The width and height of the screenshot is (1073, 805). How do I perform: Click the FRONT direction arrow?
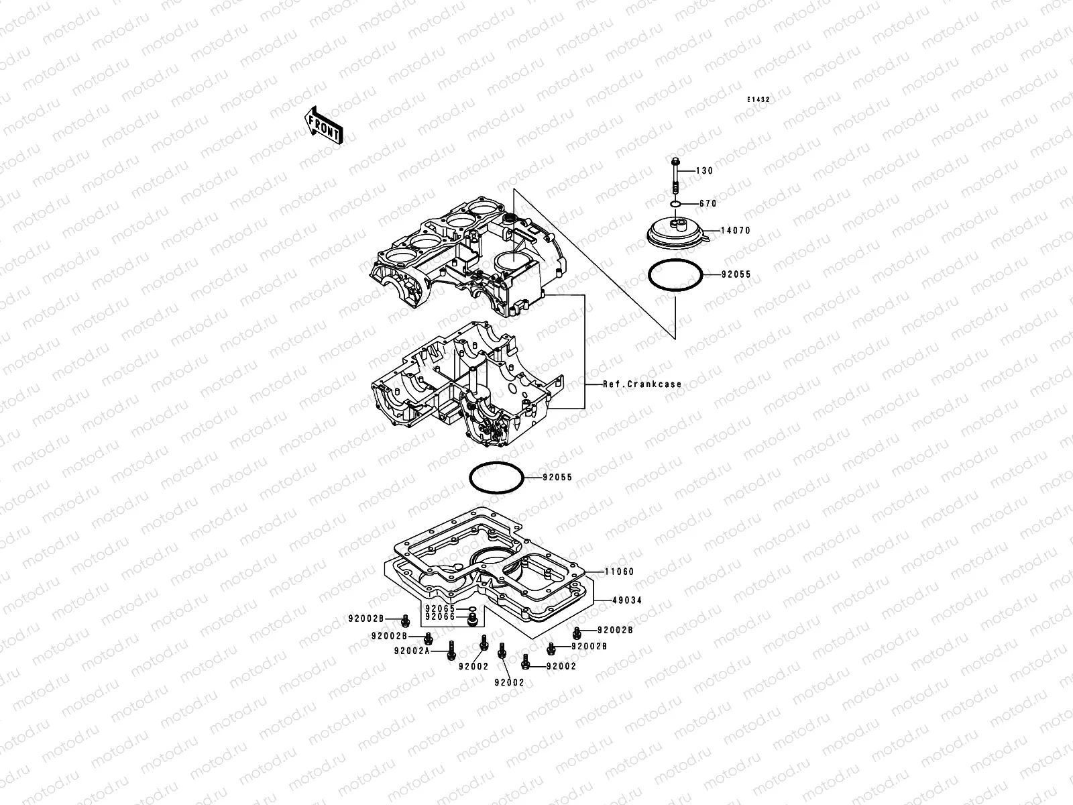point(324,125)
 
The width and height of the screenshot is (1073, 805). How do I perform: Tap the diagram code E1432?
point(758,100)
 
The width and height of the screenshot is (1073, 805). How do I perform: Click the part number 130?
point(704,171)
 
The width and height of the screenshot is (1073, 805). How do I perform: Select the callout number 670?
point(708,204)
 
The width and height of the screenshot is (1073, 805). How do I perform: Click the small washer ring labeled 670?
point(675,204)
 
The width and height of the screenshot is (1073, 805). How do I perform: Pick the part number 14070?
point(736,231)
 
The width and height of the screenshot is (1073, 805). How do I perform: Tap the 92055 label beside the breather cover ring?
point(736,274)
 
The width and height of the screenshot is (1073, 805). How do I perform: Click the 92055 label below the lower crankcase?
point(557,478)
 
